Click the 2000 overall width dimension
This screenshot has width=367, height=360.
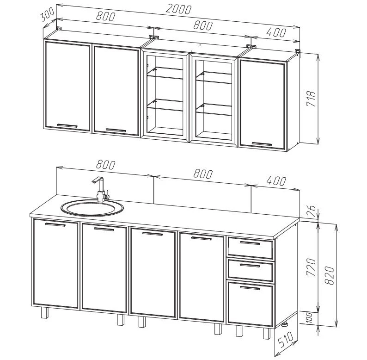178,9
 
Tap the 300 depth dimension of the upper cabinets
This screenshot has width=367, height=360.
47,15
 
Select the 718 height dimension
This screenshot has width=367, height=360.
311,99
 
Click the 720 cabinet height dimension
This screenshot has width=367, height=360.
312,267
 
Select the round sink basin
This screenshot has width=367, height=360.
92,208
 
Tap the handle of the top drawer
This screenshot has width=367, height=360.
250,243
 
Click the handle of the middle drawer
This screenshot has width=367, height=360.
250,266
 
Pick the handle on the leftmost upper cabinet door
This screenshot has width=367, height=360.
67,125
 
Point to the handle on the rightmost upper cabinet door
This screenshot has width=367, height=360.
262,144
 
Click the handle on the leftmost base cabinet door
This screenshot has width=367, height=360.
55,225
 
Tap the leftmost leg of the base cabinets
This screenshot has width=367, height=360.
44,313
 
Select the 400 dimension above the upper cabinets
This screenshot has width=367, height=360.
276,33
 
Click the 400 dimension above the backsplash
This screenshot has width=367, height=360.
276,181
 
